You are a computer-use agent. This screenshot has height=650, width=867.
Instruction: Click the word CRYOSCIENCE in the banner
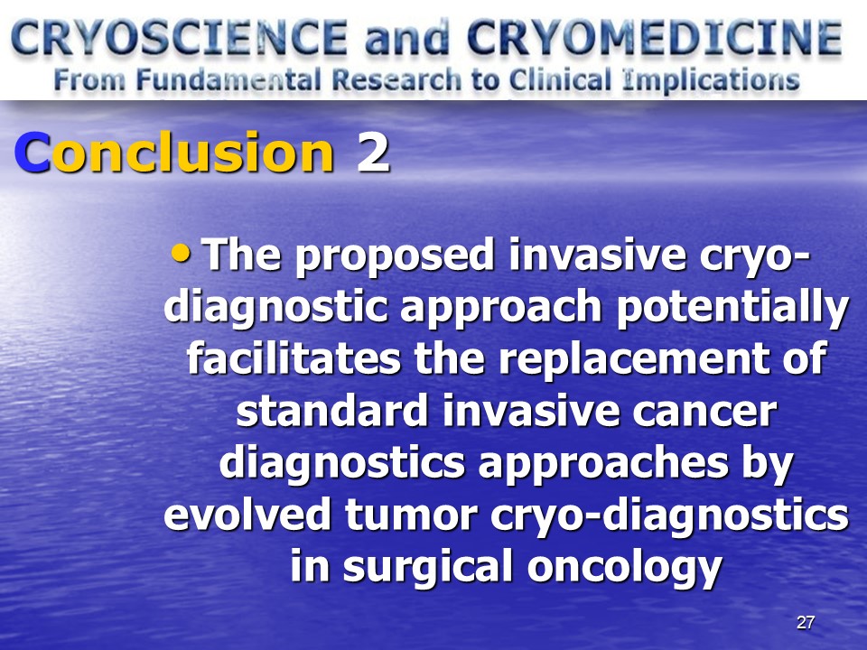click(x=179, y=38)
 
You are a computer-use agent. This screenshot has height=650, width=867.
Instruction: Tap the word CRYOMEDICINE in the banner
click(x=655, y=38)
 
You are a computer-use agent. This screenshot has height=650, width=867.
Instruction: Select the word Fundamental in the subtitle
click(x=228, y=80)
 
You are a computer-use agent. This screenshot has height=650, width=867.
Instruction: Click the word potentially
click(x=732, y=307)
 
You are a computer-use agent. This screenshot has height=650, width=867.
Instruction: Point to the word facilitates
click(x=294, y=358)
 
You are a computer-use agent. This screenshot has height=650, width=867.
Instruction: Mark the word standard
click(x=332, y=410)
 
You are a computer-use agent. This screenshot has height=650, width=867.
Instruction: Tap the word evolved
click(x=247, y=514)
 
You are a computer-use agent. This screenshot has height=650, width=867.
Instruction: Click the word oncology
click(x=625, y=568)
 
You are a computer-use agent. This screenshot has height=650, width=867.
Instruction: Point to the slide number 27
click(x=805, y=622)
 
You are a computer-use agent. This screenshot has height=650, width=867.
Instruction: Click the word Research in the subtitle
click(x=396, y=80)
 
